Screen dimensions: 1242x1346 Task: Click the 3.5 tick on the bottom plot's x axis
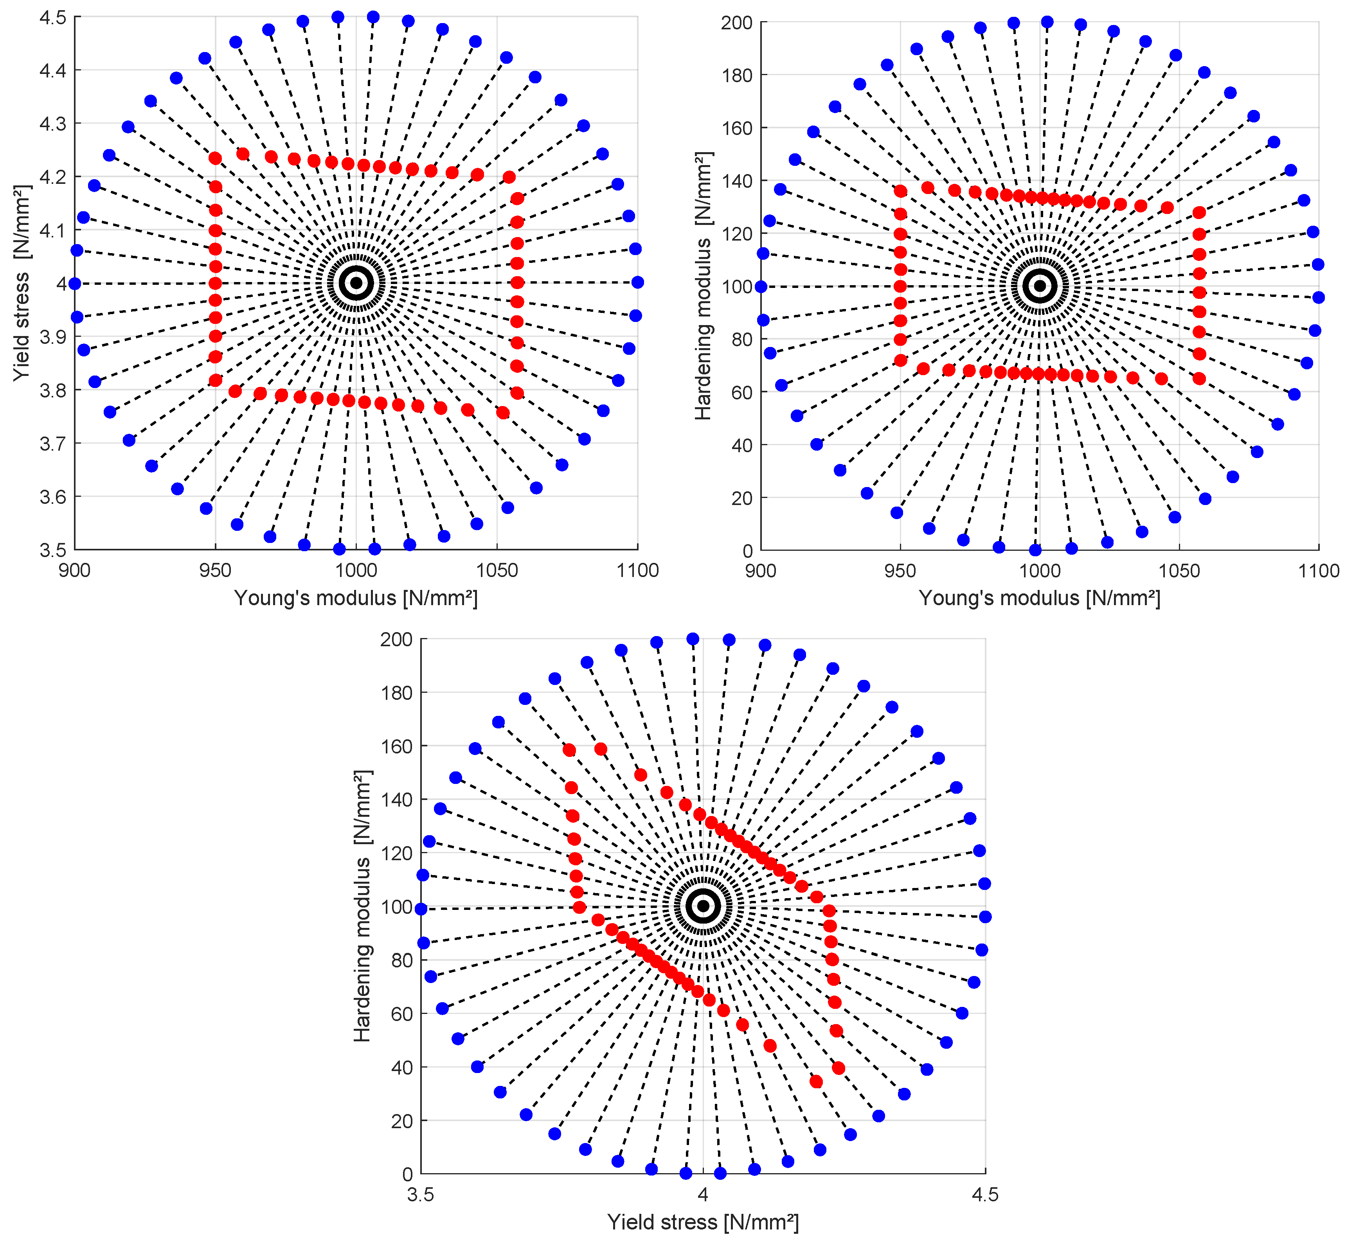pyautogui.click(x=421, y=1194)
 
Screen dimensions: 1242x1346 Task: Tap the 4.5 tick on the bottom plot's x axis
pyautogui.click(x=985, y=1194)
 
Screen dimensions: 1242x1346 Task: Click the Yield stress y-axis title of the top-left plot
pyautogui.click(x=22, y=283)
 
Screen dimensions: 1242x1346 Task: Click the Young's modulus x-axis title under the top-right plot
pyautogui.click(x=1039, y=598)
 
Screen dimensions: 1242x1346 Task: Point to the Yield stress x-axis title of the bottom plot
pyautogui.click(x=703, y=1222)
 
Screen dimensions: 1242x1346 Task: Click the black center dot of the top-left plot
pyautogui.click(x=356, y=283)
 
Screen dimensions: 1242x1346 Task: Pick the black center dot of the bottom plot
pyautogui.click(x=703, y=906)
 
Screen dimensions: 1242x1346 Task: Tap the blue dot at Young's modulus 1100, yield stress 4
pyautogui.click(x=637, y=282)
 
